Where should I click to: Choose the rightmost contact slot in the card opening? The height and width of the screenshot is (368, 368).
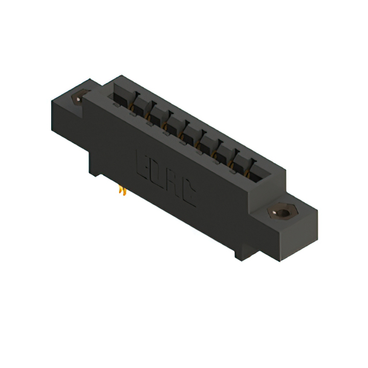[x=251, y=167]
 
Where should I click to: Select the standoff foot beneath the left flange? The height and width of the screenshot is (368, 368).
[x=94, y=164]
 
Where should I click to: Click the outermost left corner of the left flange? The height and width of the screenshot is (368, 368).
[x=51, y=103]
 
